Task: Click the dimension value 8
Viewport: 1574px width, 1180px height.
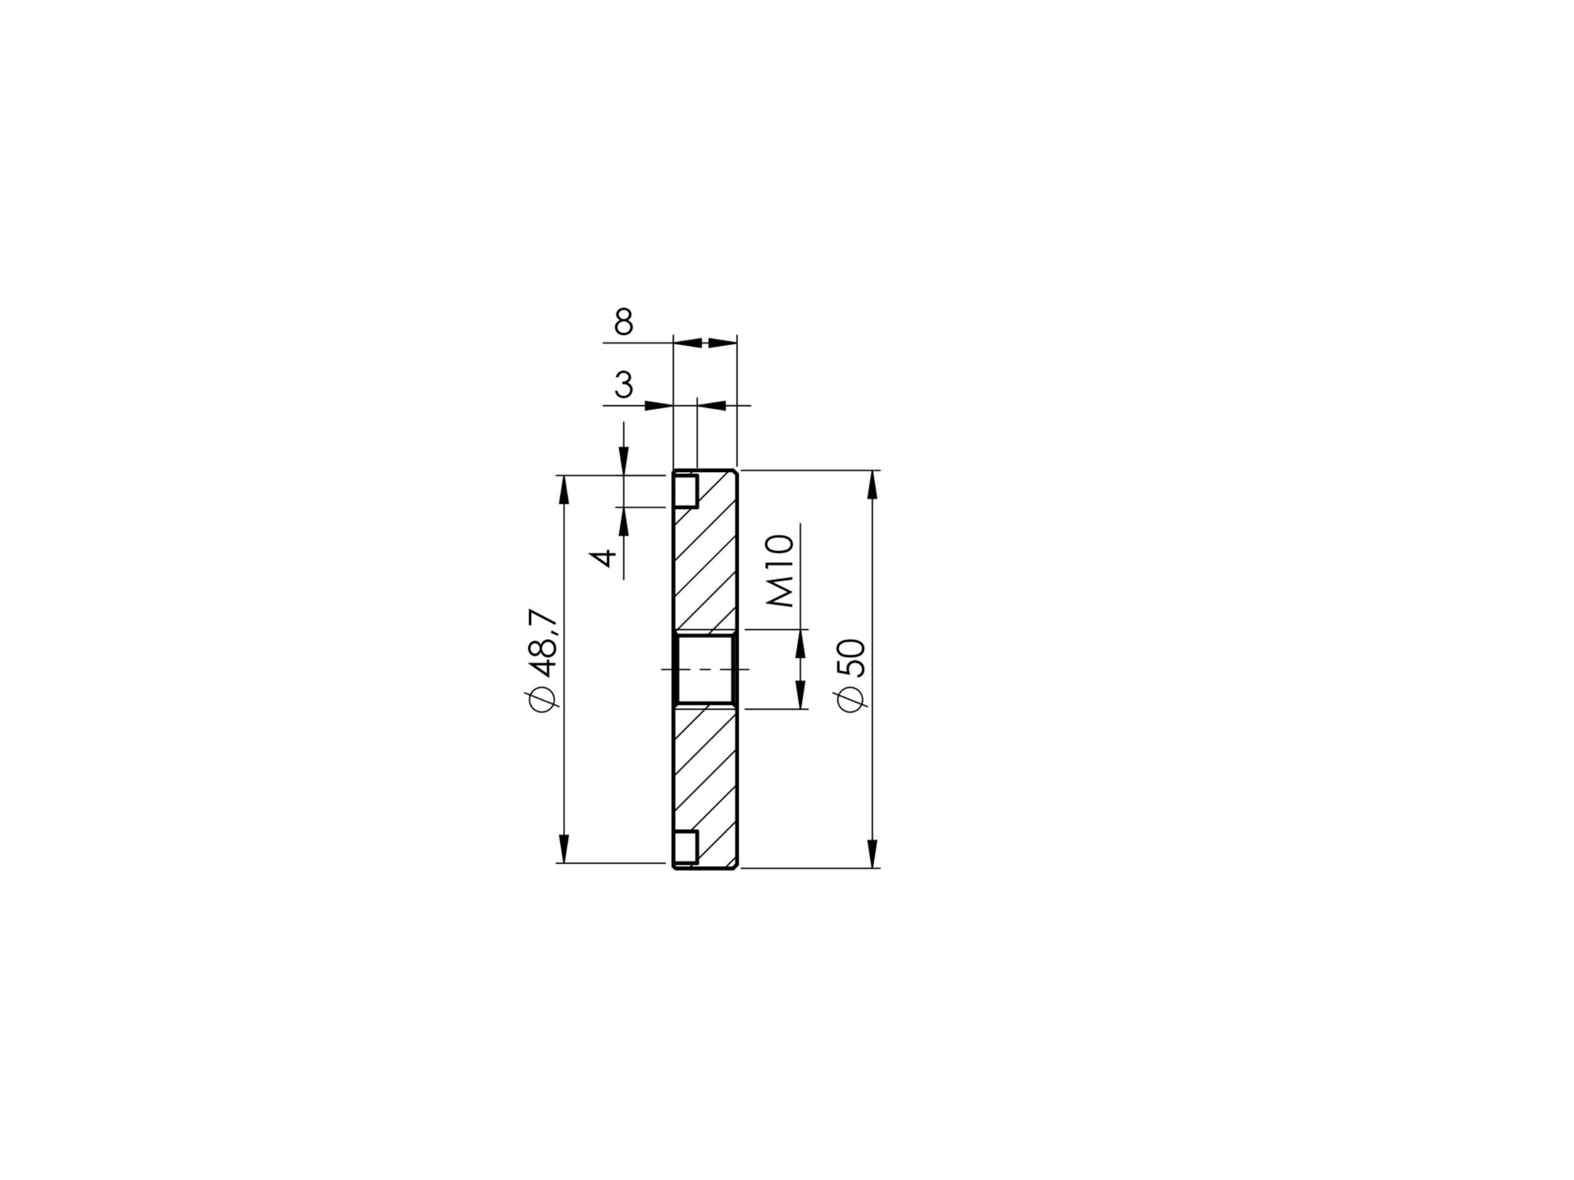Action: (623, 321)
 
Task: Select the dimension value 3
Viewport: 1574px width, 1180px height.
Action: (623, 385)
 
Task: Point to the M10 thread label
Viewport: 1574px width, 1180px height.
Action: (781, 570)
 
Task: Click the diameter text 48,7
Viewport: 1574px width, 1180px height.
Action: (543, 643)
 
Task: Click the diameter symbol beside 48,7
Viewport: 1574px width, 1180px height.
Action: (543, 698)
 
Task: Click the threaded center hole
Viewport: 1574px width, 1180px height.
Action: (705, 669)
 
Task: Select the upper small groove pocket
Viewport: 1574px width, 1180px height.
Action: (686, 491)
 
